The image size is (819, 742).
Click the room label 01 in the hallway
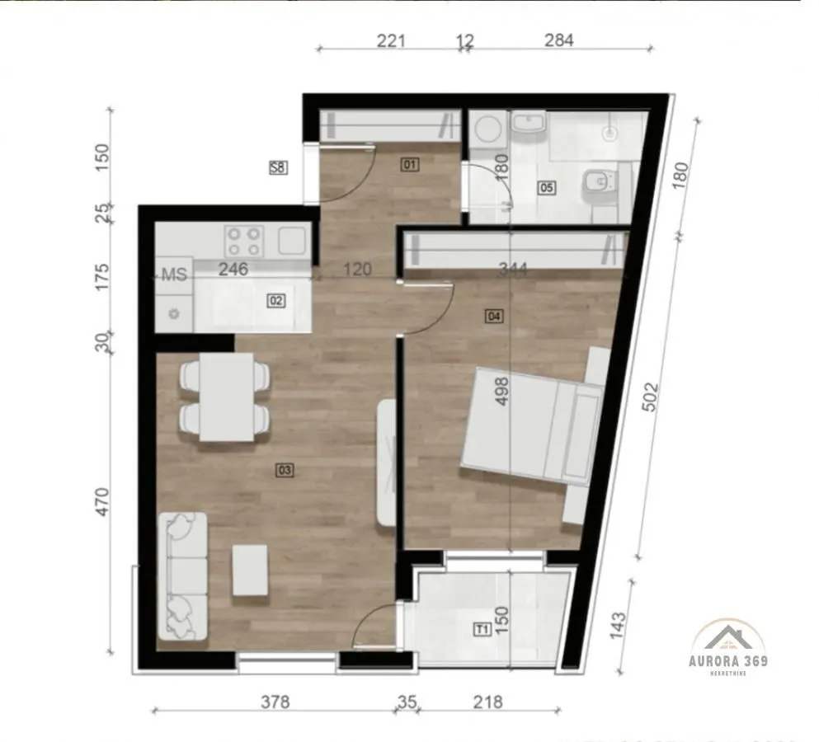tap(410, 165)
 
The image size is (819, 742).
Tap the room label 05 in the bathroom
tap(546, 187)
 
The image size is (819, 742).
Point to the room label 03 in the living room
tap(285, 471)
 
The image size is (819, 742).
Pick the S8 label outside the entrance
tap(278, 167)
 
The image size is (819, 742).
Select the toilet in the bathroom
tap(595, 185)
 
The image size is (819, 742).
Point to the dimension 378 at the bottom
tap(275, 702)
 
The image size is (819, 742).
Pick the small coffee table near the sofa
tap(250, 570)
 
